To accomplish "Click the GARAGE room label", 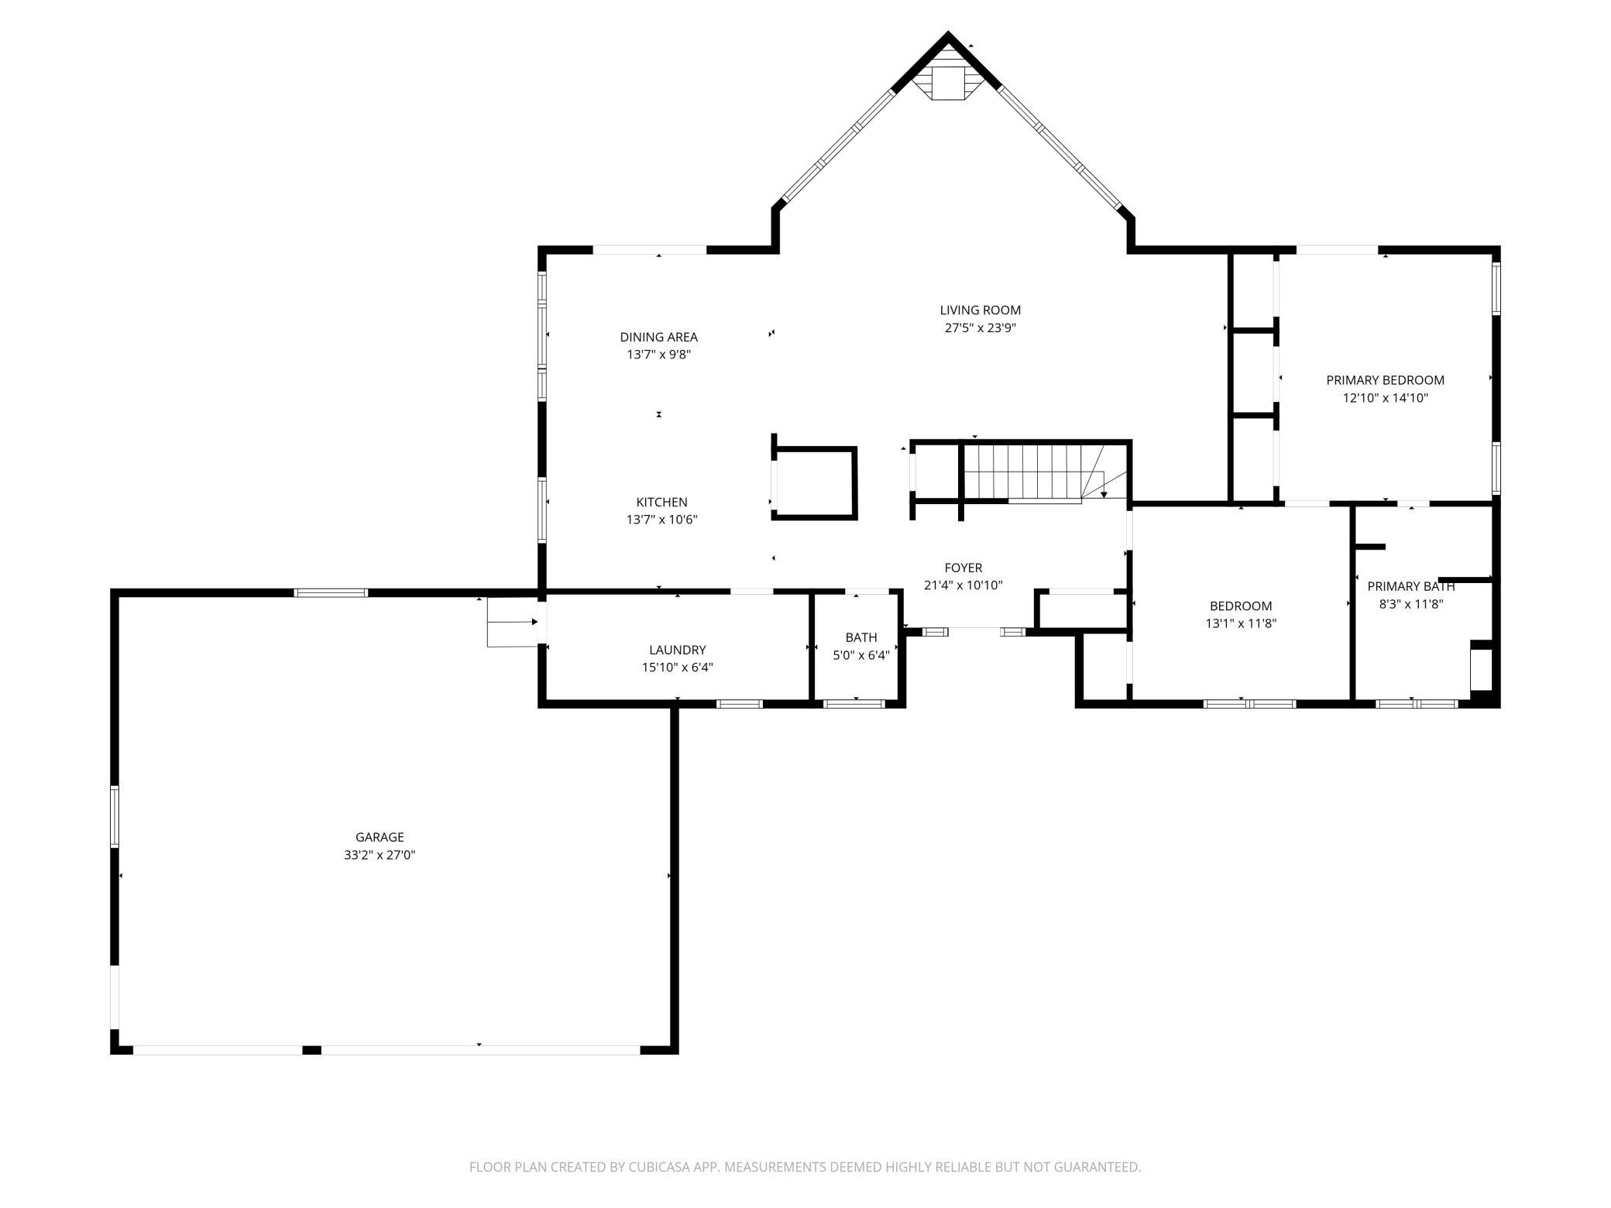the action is (x=380, y=837).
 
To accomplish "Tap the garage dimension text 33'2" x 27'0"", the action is (x=380, y=855).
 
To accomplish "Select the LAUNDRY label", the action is (x=678, y=650).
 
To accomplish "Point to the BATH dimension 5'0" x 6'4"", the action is (x=861, y=655).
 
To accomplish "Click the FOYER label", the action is (x=964, y=568).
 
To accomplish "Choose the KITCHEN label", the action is (x=662, y=502).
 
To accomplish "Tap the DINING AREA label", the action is (x=659, y=337).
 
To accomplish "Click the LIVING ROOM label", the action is (x=981, y=311).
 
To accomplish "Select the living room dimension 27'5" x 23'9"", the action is (x=981, y=328).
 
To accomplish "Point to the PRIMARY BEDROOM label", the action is (x=1386, y=380).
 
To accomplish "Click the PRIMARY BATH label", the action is (x=1411, y=586).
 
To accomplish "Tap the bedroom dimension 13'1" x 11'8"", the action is (x=1241, y=623).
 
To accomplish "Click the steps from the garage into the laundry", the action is (x=512, y=622).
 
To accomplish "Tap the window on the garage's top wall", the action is (x=331, y=593).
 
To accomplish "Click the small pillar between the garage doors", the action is (x=311, y=1050).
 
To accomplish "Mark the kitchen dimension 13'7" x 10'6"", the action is (x=662, y=520).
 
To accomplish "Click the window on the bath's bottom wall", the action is (x=854, y=704).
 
